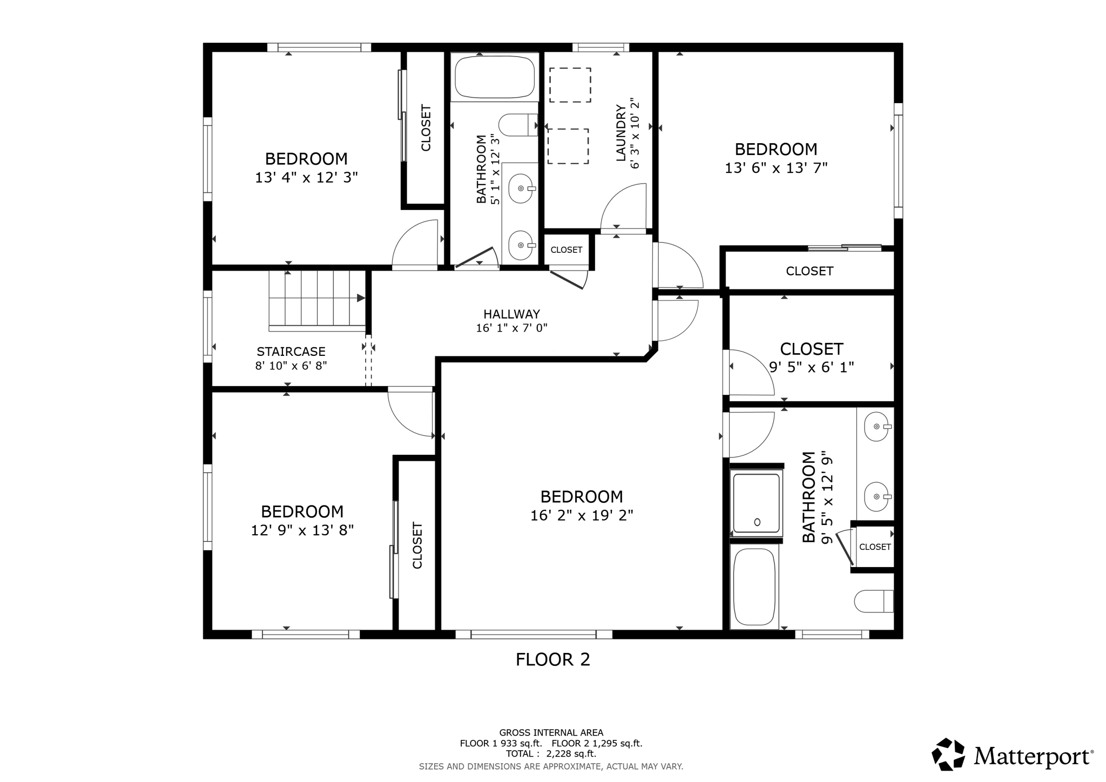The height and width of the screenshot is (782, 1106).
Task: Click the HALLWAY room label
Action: [511, 314]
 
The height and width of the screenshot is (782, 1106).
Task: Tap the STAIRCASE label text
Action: [291, 352]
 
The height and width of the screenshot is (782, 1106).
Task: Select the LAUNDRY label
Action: [621, 133]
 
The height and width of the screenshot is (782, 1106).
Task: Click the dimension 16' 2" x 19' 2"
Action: [582, 515]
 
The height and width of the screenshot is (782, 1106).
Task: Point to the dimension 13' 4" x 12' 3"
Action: [306, 177]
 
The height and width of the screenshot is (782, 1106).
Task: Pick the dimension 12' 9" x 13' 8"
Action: [302, 530]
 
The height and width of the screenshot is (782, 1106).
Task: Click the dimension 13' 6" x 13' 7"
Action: [776, 168]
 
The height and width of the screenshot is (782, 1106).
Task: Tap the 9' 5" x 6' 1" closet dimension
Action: [812, 367]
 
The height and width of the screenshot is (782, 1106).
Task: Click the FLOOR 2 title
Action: [553, 659]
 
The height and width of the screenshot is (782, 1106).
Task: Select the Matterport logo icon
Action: [948, 754]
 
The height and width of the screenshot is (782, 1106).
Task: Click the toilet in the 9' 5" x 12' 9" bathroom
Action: [874, 601]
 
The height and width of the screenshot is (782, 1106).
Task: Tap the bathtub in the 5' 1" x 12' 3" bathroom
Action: [495, 77]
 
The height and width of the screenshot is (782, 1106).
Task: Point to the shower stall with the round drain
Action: [756, 503]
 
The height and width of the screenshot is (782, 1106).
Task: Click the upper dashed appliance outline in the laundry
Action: [570, 85]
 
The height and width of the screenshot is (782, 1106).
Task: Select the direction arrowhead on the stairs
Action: [361, 298]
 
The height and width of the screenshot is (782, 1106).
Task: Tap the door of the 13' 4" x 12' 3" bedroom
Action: [415, 245]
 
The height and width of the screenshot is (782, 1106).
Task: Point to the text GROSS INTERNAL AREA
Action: [551, 733]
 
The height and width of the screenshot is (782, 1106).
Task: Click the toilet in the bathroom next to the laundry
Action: [518, 125]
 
